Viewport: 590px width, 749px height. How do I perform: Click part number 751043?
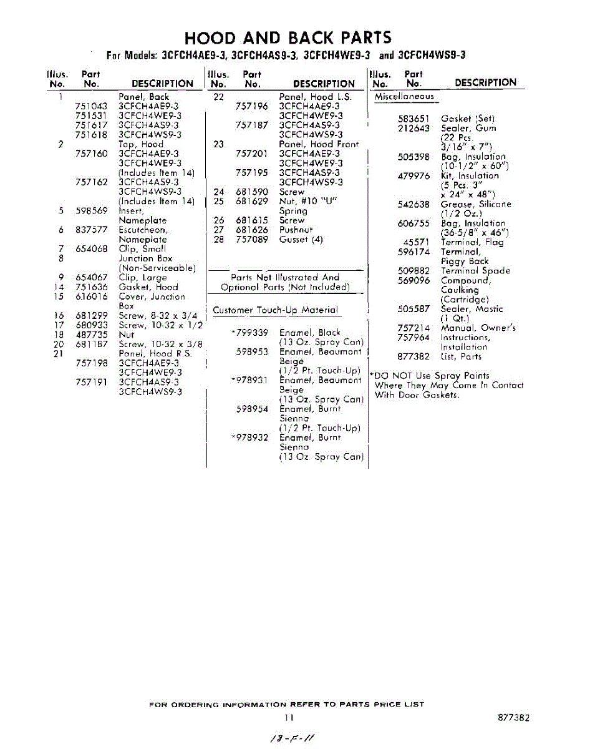pos(91,107)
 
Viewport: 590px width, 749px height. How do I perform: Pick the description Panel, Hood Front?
pos(319,144)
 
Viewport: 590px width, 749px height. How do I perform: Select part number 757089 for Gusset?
pos(252,240)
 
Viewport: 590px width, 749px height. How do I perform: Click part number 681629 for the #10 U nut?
pos(252,202)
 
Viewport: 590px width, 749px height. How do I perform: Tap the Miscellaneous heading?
pos(404,97)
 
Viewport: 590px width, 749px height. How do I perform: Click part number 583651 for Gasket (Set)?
pos(413,119)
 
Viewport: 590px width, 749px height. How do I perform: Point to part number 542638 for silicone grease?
pos(413,204)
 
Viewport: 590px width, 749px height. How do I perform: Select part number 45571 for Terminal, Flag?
pos(417,242)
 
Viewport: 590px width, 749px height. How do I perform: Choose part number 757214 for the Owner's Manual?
pos(413,328)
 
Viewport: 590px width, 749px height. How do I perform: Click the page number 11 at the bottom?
pos(288,718)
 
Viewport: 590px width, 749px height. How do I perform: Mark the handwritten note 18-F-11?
pos(291,738)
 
